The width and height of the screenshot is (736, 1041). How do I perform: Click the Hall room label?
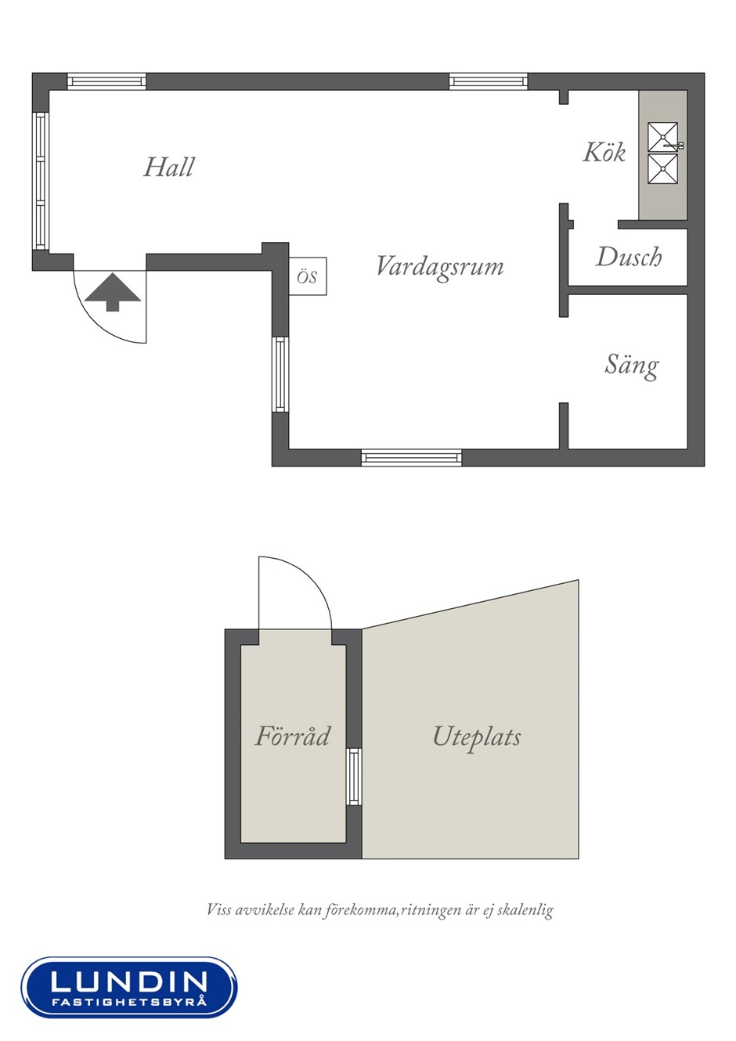point(169,167)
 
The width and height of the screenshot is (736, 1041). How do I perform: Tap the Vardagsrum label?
point(440,267)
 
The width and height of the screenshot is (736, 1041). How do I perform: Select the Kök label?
point(604,152)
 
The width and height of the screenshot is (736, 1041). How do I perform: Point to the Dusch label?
point(629,257)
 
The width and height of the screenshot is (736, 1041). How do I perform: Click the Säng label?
point(632,366)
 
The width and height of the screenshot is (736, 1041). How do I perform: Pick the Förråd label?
point(293,736)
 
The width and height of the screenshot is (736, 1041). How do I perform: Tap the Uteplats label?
point(477,737)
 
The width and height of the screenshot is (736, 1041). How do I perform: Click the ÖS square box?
point(308,276)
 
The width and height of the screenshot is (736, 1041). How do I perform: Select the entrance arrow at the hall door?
point(113,292)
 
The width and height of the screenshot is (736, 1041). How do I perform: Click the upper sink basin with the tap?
point(663,137)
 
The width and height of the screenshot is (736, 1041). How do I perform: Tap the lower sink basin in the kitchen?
point(663,169)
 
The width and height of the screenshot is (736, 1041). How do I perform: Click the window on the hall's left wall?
point(41,182)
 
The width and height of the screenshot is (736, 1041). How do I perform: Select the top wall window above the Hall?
point(106,81)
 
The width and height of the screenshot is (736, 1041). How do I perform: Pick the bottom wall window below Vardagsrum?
point(412,457)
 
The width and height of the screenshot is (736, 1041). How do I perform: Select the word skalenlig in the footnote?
point(525,910)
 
